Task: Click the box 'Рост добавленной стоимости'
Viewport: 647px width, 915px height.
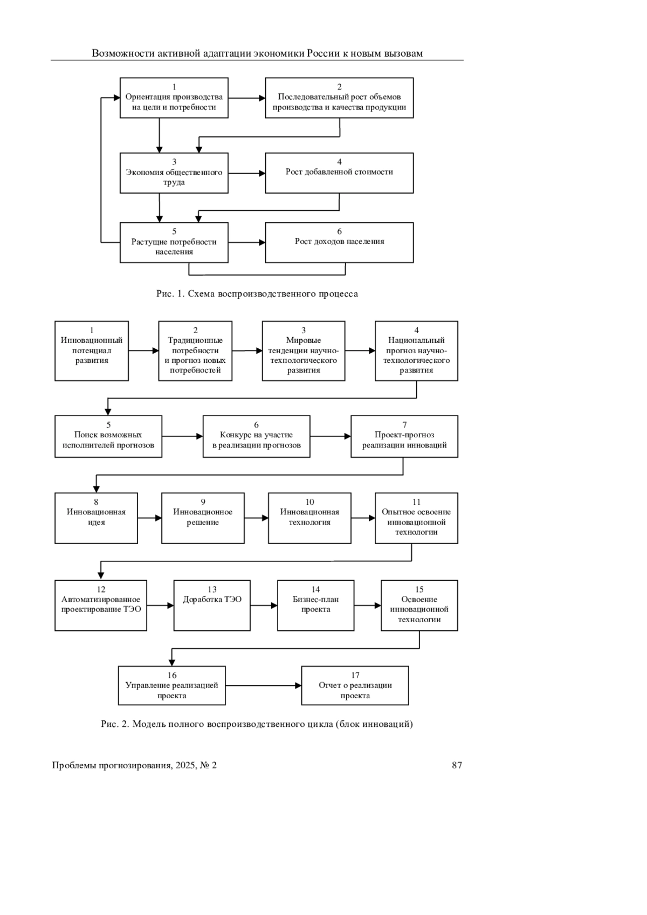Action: coord(339,173)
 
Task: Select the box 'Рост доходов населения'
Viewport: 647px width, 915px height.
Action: coord(339,242)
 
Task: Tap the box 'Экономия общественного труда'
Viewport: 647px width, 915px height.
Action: coord(174,173)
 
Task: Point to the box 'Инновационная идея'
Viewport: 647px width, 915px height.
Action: coord(96,518)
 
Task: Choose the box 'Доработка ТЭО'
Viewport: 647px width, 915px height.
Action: coord(212,606)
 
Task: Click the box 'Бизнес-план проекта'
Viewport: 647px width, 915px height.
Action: coord(316,606)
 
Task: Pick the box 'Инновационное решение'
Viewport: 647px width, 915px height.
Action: coord(203,518)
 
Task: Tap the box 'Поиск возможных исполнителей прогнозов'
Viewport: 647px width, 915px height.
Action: coord(108,436)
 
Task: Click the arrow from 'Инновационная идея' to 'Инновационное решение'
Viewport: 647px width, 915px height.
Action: coord(149,518)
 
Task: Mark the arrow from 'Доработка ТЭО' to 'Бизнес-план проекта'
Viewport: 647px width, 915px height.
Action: coord(264,606)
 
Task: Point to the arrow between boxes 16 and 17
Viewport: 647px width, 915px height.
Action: coord(264,685)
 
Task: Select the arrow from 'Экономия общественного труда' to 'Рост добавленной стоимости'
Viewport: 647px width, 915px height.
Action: coord(247,173)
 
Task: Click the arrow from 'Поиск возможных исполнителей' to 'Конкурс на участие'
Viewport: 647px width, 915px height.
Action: coord(183,436)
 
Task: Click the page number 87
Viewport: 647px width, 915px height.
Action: coord(457,765)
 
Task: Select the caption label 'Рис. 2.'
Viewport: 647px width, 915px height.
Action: coord(115,724)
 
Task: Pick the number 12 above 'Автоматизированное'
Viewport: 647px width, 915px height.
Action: coord(101,589)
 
